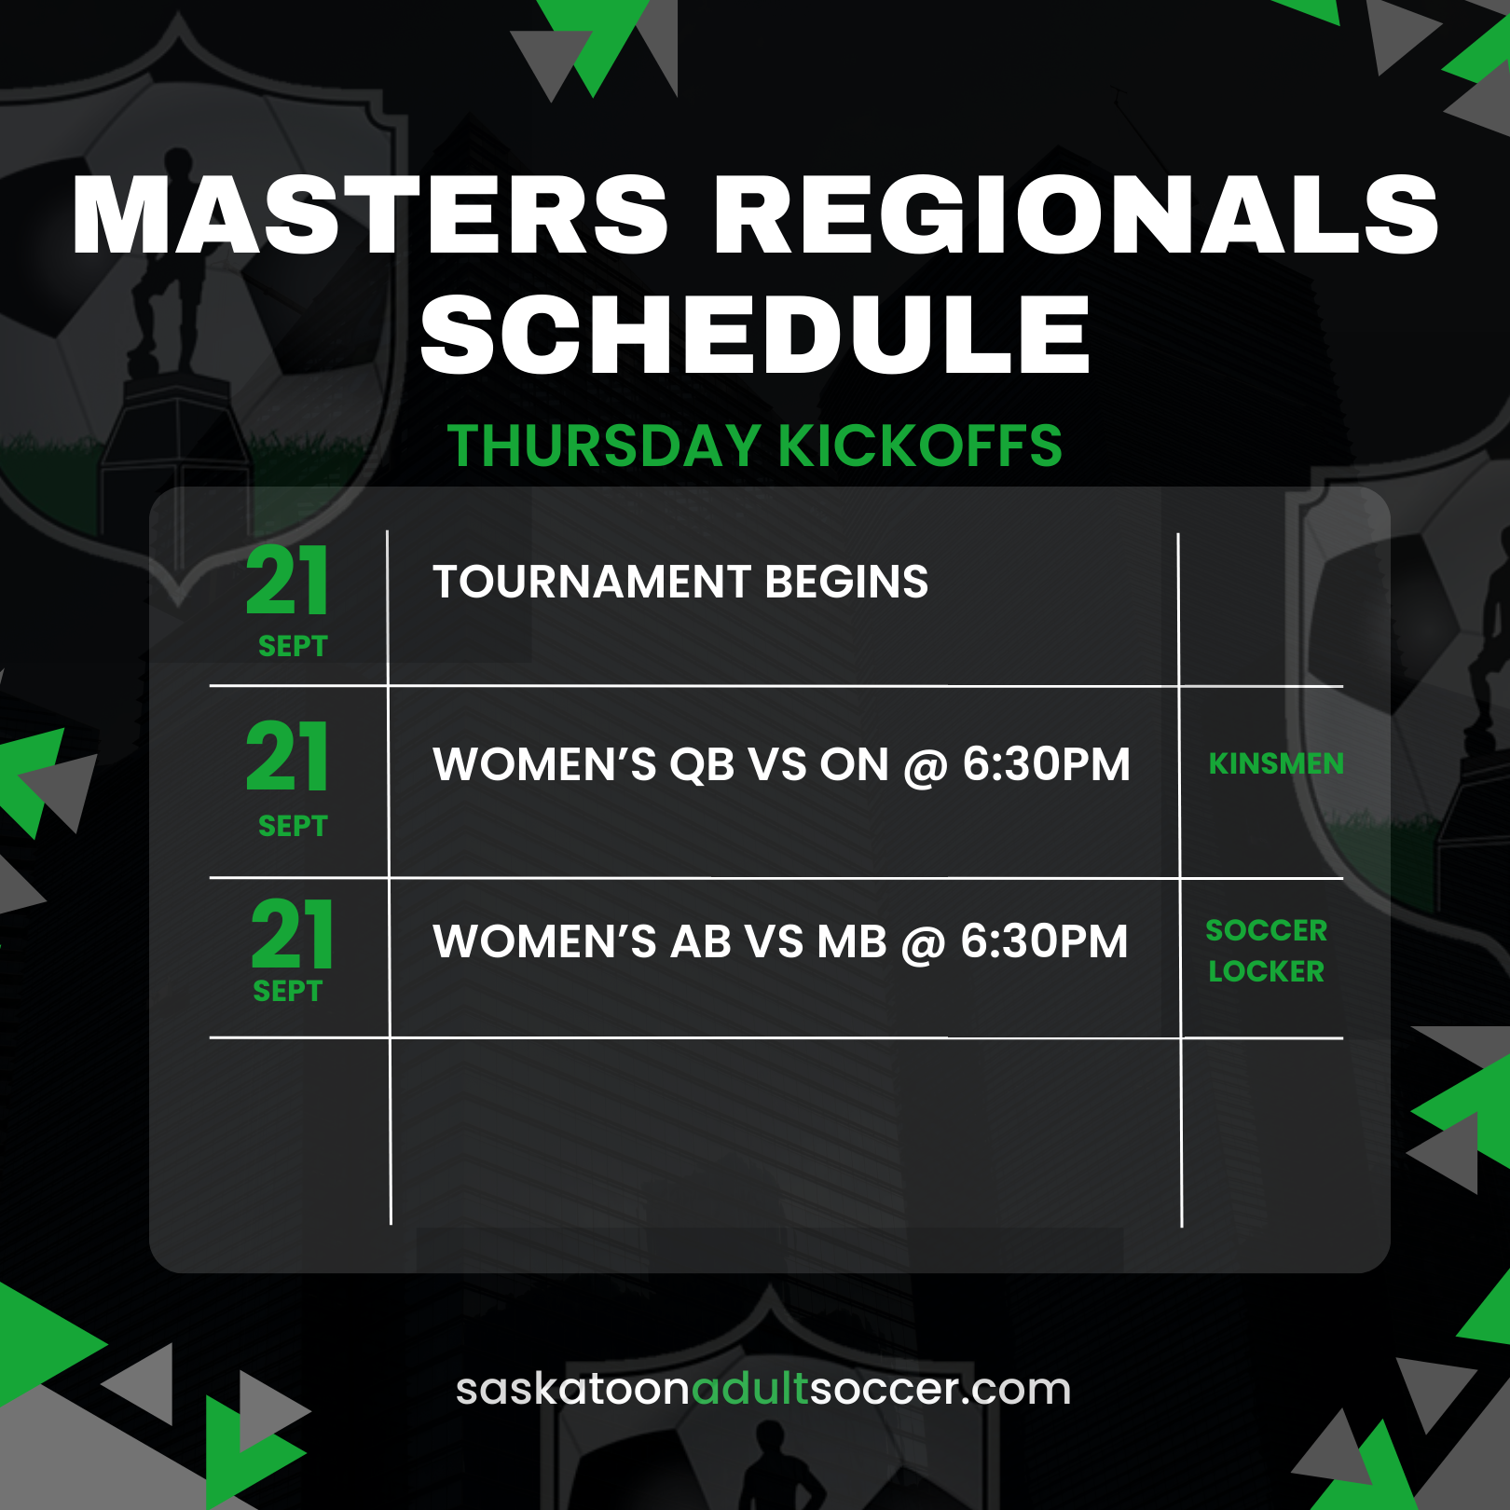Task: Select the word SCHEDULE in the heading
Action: [755, 334]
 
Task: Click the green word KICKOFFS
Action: [920, 446]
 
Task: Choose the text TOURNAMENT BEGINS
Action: [680, 582]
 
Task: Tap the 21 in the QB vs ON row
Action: [287, 756]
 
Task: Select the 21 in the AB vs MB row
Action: [292, 934]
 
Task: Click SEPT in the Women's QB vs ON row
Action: [293, 826]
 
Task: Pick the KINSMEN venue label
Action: [1276, 763]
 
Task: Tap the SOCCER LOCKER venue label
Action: [1266, 951]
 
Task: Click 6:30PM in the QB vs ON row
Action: [1046, 764]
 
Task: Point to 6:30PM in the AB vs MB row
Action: [1044, 941]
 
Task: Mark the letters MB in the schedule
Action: [851, 941]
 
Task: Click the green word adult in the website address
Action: [750, 1389]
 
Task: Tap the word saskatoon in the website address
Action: [573, 1389]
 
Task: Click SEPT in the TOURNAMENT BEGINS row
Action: [293, 646]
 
